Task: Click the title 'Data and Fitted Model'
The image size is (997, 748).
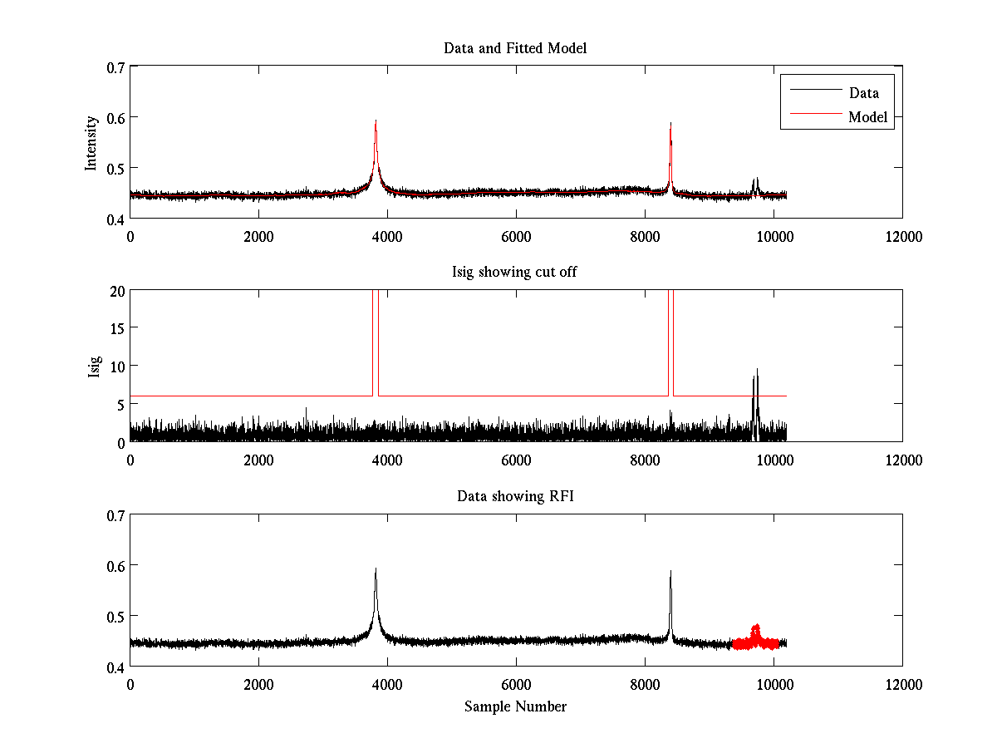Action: tap(515, 48)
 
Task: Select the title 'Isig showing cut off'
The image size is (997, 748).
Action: tap(515, 273)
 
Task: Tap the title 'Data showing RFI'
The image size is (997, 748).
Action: tap(515, 497)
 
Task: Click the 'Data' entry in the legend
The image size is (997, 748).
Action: tap(863, 93)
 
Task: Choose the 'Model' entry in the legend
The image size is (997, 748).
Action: tap(867, 117)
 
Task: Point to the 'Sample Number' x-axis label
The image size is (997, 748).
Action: tap(515, 707)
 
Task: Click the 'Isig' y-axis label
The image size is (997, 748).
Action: tap(94, 367)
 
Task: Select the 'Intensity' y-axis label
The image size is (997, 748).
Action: tap(92, 142)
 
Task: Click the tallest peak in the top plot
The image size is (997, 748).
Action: tap(376, 122)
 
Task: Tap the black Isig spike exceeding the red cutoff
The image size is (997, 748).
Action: tap(756, 374)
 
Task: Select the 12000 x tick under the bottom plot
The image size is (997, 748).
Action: tap(902, 684)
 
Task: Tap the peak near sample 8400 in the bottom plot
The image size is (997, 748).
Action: tap(670, 573)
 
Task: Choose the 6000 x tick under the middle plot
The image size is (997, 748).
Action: tap(516, 460)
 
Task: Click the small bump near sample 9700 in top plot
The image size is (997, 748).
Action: tap(755, 180)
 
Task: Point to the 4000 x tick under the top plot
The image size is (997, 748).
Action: tap(387, 235)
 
